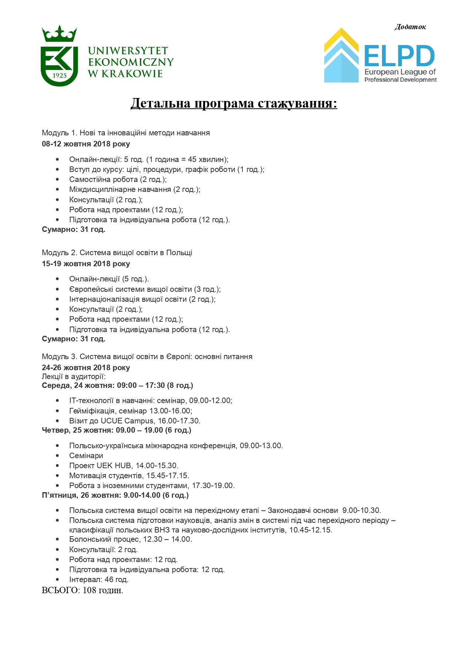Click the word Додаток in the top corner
pyautogui.click(x=410, y=27)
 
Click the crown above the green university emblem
pyautogui.click(x=59, y=34)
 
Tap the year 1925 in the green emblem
pyautogui.click(x=59, y=75)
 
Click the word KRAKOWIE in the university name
pyautogui.click(x=132, y=74)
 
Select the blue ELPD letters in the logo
pyautogui.click(x=399, y=56)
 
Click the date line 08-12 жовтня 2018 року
pyautogui.click(x=86, y=144)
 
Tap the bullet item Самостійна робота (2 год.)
pyautogui.click(x=118, y=179)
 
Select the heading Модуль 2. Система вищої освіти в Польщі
pyautogui.click(x=117, y=253)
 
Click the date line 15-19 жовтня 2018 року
pyautogui.click(x=86, y=264)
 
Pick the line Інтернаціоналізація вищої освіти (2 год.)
pyautogui.click(x=142, y=299)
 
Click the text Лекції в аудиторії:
pyautogui.click(x=74, y=376)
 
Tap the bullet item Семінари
pyautogui.click(x=86, y=456)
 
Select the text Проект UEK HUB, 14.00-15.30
pyautogui.click(x=124, y=466)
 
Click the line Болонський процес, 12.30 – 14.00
pyautogui.click(x=130, y=539)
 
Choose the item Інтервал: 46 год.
pyautogui.click(x=99, y=579)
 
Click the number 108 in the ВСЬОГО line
pyautogui.click(x=89, y=590)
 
